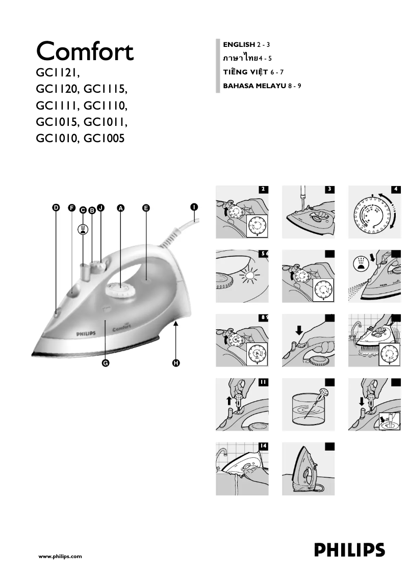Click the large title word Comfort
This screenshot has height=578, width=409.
(x=85, y=51)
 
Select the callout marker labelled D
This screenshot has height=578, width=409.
(x=56, y=208)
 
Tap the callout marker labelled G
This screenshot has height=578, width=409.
(x=106, y=363)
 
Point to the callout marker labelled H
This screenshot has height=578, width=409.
(x=176, y=363)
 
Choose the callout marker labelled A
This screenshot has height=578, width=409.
(x=121, y=208)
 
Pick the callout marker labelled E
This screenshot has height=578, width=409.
(x=146, y=208)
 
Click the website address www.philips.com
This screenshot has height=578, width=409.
(x=60, y=557)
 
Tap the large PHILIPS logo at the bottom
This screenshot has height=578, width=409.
(x=349, y=551)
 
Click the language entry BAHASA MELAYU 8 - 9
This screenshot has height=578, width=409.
(x=263, y=86)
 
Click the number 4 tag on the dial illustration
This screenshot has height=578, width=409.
(x=395, y=189)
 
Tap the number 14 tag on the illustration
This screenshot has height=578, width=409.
(x=263, y=445)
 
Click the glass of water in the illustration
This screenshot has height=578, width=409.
(x=308, y=410)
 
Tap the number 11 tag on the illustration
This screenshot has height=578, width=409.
(x=263, y=381)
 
